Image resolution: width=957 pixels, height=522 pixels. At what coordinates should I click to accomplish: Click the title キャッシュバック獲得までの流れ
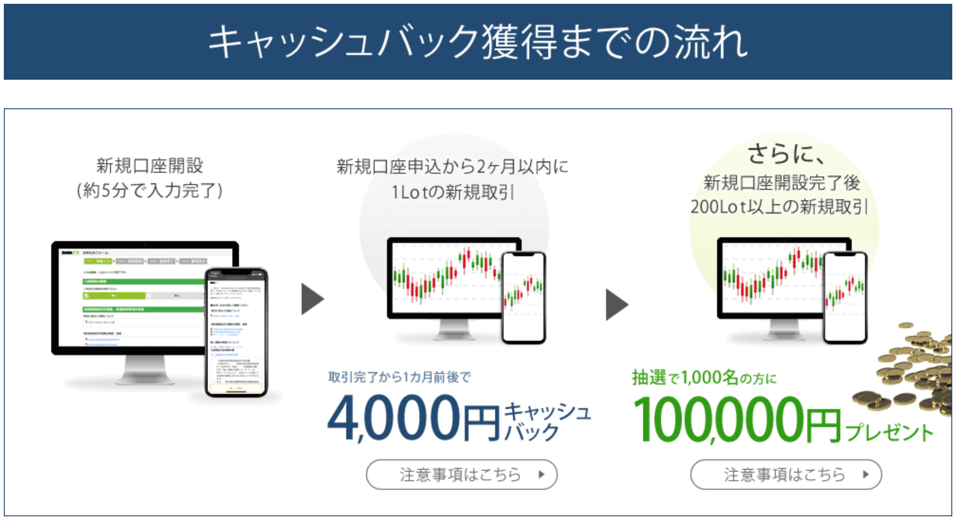click(478, 42)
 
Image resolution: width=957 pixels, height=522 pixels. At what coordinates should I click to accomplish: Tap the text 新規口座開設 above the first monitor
click(149, 166)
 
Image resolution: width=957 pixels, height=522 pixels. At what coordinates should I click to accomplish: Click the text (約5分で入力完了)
click(149, 191)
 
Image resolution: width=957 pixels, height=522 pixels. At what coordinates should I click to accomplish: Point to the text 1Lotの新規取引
click(452, 192)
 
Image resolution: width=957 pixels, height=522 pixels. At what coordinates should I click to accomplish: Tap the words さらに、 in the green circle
click(785, 154)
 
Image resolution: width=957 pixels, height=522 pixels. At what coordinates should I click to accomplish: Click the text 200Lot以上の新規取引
click(779, 207)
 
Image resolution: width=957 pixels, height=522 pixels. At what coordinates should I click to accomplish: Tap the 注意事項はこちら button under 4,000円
click(461, 474)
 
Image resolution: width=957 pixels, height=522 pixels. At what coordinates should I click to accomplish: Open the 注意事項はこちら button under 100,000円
click(786, 474)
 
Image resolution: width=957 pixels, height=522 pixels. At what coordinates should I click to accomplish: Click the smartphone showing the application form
click(236, 332)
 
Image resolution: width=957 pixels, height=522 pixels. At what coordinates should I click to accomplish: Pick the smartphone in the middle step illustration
click(524, 297)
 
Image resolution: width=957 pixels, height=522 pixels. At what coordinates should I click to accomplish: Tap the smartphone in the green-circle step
click(845, 297)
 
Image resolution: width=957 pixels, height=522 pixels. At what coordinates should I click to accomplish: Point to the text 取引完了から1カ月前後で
click(399, 377)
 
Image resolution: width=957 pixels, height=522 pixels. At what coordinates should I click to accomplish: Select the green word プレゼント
click(889, 432)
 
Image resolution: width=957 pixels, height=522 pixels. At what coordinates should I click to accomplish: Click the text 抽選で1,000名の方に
click(704, 378)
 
